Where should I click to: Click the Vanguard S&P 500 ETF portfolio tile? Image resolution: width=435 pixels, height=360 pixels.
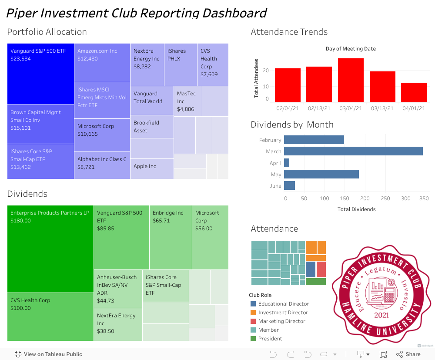click(40, 74)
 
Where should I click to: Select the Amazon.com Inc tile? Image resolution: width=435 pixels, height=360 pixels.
click(102, 63)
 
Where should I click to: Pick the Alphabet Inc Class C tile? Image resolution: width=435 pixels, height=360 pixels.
click(102, 165)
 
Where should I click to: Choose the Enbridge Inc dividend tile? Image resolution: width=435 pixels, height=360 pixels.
click(170, 237)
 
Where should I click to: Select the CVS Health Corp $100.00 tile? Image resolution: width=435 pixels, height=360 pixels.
click(50, 316)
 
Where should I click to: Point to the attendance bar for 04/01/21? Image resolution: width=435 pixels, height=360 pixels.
click(414, 92)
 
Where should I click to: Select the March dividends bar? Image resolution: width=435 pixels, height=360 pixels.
click(353, 151)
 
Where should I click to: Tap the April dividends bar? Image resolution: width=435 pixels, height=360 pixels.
click(287, 163)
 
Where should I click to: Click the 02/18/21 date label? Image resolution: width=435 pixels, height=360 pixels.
click(319, 108)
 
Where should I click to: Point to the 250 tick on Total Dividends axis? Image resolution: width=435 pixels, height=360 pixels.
click(385, 199)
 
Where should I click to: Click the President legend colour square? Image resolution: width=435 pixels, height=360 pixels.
click(253, 339)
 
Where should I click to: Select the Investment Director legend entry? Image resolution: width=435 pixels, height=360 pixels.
click(283, 313)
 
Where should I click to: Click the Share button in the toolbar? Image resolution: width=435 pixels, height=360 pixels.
click(408, 354)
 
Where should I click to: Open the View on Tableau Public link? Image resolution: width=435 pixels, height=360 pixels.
click(48, 354)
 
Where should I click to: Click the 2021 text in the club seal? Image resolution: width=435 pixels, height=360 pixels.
click(381, 314)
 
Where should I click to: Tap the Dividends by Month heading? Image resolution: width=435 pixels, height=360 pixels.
click(292, 124)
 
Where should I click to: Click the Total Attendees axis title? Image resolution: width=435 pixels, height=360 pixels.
click(256, 78)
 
